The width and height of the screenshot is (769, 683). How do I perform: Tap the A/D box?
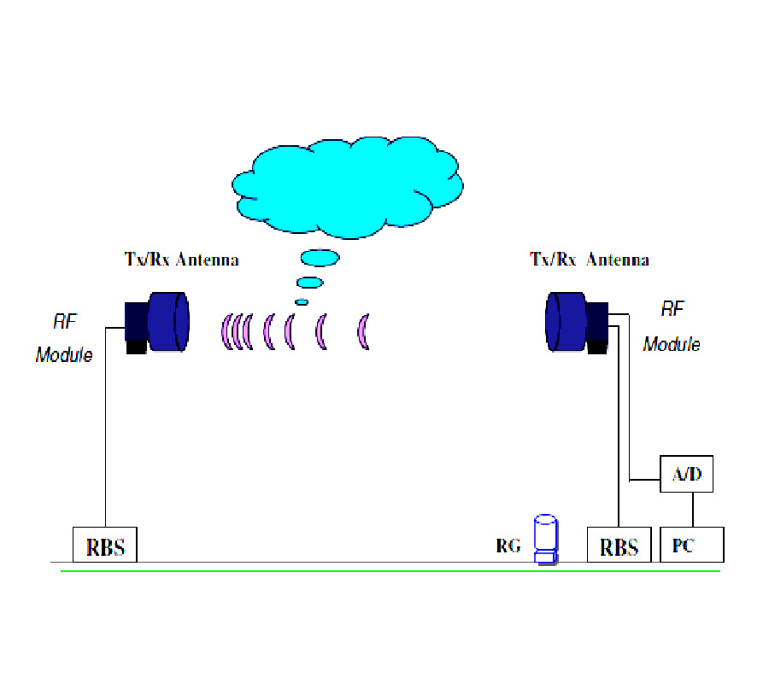pyautogui.click(x=686, y=474)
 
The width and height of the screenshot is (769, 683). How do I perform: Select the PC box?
pyautogui.click(x=691, y=545)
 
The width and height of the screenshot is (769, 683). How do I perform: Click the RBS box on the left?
pyautogui.click(x=104, y=545)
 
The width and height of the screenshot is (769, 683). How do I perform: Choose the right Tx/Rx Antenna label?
pyautogui.click(x=590, y=260)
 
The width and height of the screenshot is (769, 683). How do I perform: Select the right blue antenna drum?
pyautogui.click(x=566, y=321)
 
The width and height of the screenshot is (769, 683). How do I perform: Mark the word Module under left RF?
pyautogui.click(x=64, y=354)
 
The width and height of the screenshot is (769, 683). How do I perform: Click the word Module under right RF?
pyautogui.click(x=672, y=344)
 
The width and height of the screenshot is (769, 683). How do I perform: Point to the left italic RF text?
pyautogui.click(x=65, y=322)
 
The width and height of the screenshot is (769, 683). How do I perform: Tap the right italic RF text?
pyautogui.click(x=673, y=308)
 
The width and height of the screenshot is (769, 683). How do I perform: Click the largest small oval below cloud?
pyautogui.click(x=320, y=257)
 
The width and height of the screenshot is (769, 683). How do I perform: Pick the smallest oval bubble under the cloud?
pyautogui.click(x=302, y=301)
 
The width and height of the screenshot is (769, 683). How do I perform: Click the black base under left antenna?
pyautogui.click(x=136, y=345)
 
